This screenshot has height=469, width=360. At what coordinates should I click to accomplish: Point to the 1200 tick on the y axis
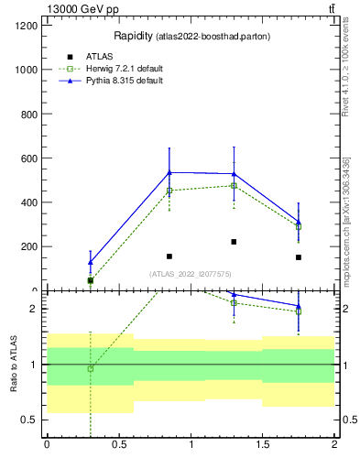(27, 26)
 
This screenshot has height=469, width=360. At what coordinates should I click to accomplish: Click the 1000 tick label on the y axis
(27, 70)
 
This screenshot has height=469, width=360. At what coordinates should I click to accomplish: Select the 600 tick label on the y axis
(30, 158)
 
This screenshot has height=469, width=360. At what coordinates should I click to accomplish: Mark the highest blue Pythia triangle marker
(169, 172)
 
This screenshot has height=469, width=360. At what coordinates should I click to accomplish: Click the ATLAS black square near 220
(234, 242)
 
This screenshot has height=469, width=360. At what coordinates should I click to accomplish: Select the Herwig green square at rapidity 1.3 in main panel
(234, 186)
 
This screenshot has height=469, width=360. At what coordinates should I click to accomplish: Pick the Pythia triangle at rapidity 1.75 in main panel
(299, 221)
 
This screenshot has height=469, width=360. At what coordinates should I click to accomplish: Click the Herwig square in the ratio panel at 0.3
(90, 368)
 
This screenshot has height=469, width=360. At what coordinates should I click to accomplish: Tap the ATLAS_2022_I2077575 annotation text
(191, 274)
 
